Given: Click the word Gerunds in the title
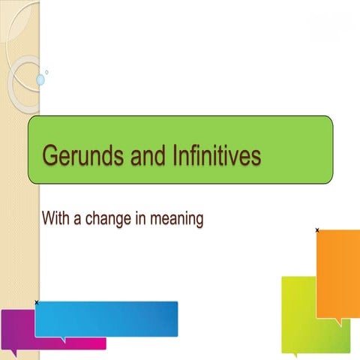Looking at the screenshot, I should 76,155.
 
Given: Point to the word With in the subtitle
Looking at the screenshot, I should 56,219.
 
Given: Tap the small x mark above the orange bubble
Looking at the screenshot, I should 317,229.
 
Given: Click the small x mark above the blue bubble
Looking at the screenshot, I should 37,301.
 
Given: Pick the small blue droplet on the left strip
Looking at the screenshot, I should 40,79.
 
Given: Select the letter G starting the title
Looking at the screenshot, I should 49,155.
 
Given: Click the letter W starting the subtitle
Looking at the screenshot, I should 47,219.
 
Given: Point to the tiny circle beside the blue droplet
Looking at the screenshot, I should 47,73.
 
